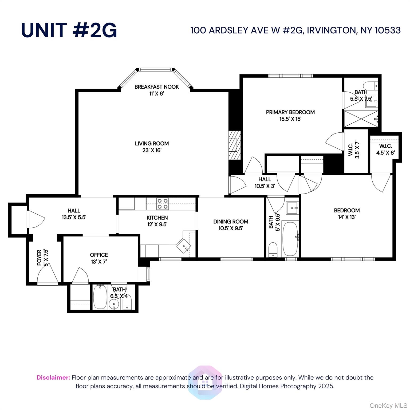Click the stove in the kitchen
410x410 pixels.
[162, 203]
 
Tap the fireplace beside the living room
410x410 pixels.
[234, 145]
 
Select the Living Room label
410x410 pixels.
[152, 144]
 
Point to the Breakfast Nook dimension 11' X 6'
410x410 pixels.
[156, 94]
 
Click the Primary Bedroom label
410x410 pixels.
[290, 112]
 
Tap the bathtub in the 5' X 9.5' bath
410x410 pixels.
[290, 238]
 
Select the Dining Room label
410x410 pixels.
[231, 222]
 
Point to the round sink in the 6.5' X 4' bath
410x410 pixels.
[114, 304]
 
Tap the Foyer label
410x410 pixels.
[40, 258]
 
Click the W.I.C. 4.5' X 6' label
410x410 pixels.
[385, 146]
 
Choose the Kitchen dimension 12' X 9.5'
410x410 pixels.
[157, 224]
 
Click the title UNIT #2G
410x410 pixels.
[69, 30]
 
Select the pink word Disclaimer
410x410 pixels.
[53, 378]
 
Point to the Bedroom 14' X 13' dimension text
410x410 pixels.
[347, 217]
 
